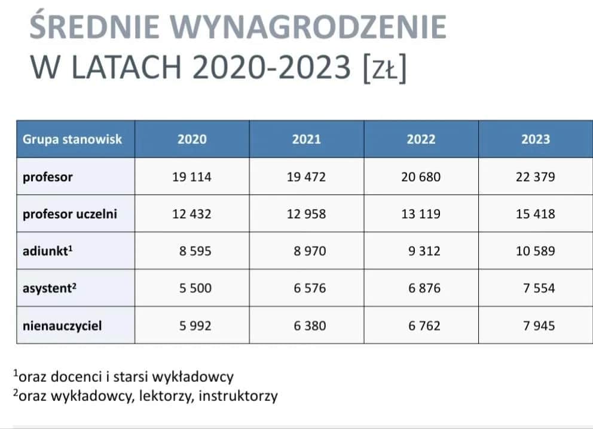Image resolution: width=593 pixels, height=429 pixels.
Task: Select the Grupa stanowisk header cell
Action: pos(72,140)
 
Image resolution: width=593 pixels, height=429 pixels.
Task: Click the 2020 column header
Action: pos(192,140)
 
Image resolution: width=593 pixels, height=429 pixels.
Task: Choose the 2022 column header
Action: pos(421,140)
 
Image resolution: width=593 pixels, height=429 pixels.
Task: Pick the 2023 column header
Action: pos(536,140)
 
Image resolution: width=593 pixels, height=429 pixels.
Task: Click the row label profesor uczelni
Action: pos(70,214)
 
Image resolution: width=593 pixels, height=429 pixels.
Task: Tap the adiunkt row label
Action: pos(48,251)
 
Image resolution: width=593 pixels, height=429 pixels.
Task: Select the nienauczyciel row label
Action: pos(62,326)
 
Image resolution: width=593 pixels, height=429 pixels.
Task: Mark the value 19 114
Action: pos(192,177)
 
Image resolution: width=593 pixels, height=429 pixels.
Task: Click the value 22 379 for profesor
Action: pos(536,177)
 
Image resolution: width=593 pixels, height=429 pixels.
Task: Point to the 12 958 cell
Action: pos(306,214)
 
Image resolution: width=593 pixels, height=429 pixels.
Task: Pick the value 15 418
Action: pos(536,214)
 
